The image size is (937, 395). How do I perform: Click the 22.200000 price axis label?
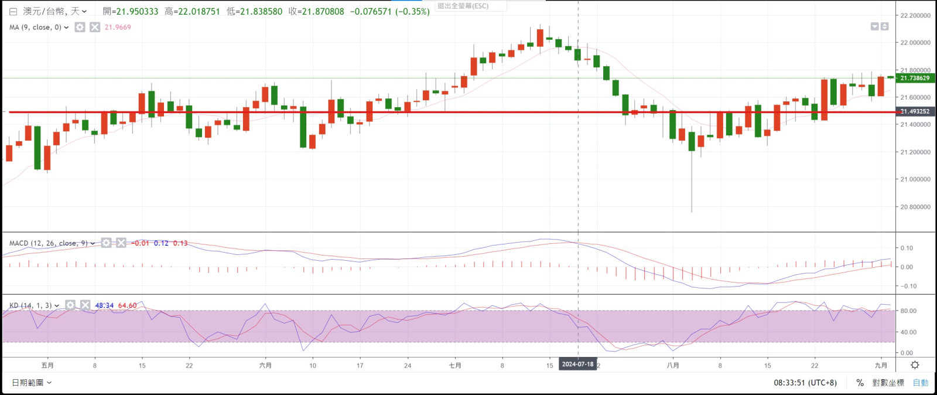pyautogui.click(x=915, y=16)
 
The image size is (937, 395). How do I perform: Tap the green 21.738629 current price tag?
pyautogui.click(x=915, y=78)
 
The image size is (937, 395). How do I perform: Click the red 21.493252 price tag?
pyautogui.click(x=915, y=111)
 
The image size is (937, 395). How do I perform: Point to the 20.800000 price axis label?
pyautogui.click(x=915, y=207)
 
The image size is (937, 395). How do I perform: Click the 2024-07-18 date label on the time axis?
pyautogui.click(x=577, y=365)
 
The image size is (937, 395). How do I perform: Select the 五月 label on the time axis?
pyautogui.click(x=47, y=366)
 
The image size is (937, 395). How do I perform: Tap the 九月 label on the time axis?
pyautogui.click(x=881, y=366)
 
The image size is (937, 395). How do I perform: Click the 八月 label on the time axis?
pyautogui.click(x=673, y=366)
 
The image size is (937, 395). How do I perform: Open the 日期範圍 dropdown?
pyautogui.click(x=32, y=383)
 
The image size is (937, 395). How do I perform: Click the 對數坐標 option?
pyautogui.click(x=888, y=383)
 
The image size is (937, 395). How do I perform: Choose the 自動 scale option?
pyautogui.click(x=920, y=383)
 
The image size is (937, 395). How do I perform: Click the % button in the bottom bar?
pyautogui.click(x=860, y=383)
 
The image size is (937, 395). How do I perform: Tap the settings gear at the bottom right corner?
pyautogui.click(x=915, y=365)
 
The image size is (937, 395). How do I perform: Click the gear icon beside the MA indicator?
pyautogui.click(x=80, y=28)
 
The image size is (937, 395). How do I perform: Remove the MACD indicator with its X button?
pyautogui.click(x=121, y=243)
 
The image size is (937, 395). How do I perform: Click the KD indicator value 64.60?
pyautogui.click(x=127, y=305)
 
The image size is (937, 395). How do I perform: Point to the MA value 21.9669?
pyautogui.click(x=118, y=28)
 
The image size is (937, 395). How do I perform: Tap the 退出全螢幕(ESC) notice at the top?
pyautogui.click(x=463, y=6)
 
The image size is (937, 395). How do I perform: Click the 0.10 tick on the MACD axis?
pyautogui.click(x=907, y=248)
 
